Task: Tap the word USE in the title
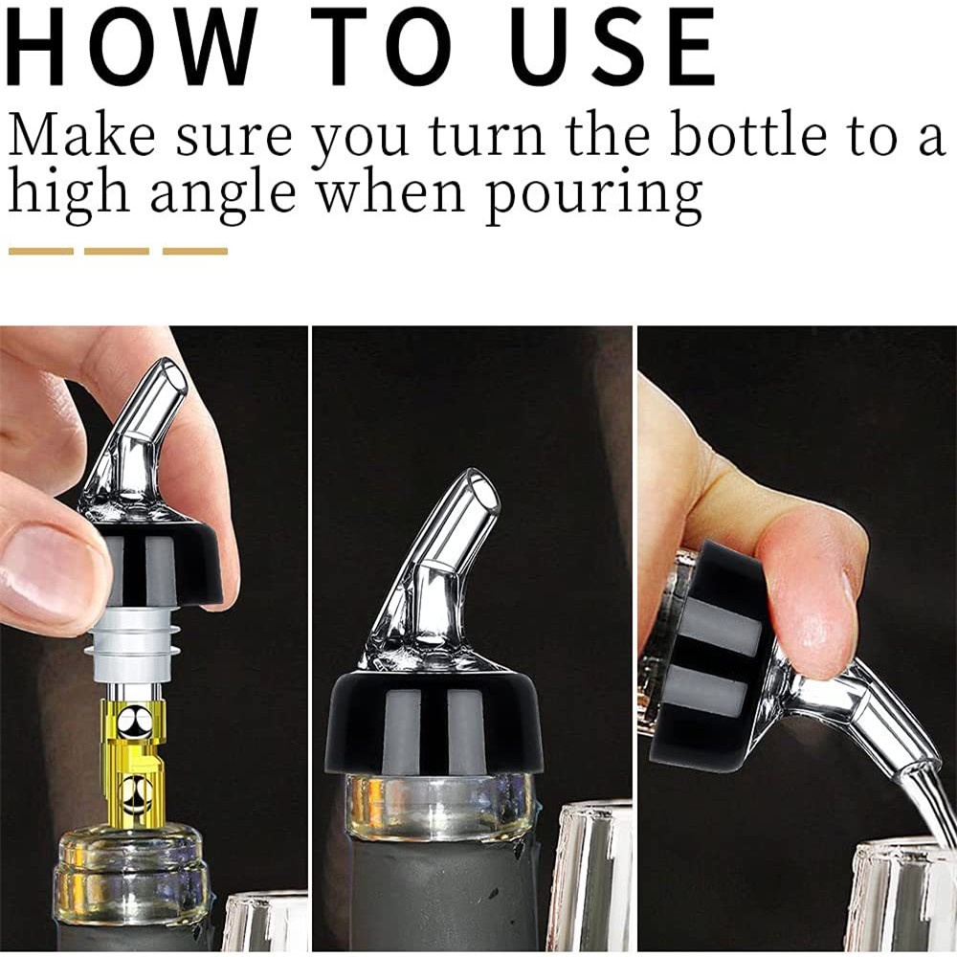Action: (612, 47)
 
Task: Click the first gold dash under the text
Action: (41, 251)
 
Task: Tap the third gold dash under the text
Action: (195, 251)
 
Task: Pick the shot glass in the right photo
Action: (903, 898)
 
